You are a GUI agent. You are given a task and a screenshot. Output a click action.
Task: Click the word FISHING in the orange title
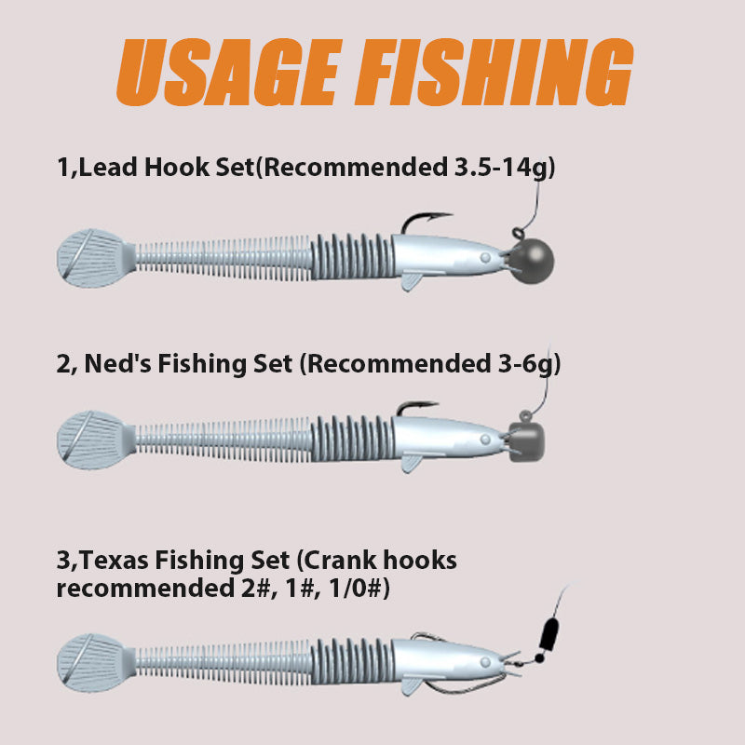point(495,73)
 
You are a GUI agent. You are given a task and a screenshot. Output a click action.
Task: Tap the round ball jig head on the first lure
point(533,262)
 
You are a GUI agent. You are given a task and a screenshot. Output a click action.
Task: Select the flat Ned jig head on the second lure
point(526,442)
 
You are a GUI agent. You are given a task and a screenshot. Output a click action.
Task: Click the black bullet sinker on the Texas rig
point(549,634)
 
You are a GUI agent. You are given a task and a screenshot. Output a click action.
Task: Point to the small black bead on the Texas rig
point(539,658)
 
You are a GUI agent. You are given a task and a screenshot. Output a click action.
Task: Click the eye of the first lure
point(485,258)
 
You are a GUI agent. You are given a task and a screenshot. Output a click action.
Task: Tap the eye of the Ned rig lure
point(485,440)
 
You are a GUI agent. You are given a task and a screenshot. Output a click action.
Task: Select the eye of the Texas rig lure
point(485,662)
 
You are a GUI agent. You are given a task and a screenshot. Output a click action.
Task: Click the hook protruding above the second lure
point(414,406)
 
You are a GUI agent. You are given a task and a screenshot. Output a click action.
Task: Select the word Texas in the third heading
point(114,560)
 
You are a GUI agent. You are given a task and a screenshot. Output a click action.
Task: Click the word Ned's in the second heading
point(118,363)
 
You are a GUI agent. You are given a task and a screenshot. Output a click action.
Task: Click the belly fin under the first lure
point(412,281)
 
